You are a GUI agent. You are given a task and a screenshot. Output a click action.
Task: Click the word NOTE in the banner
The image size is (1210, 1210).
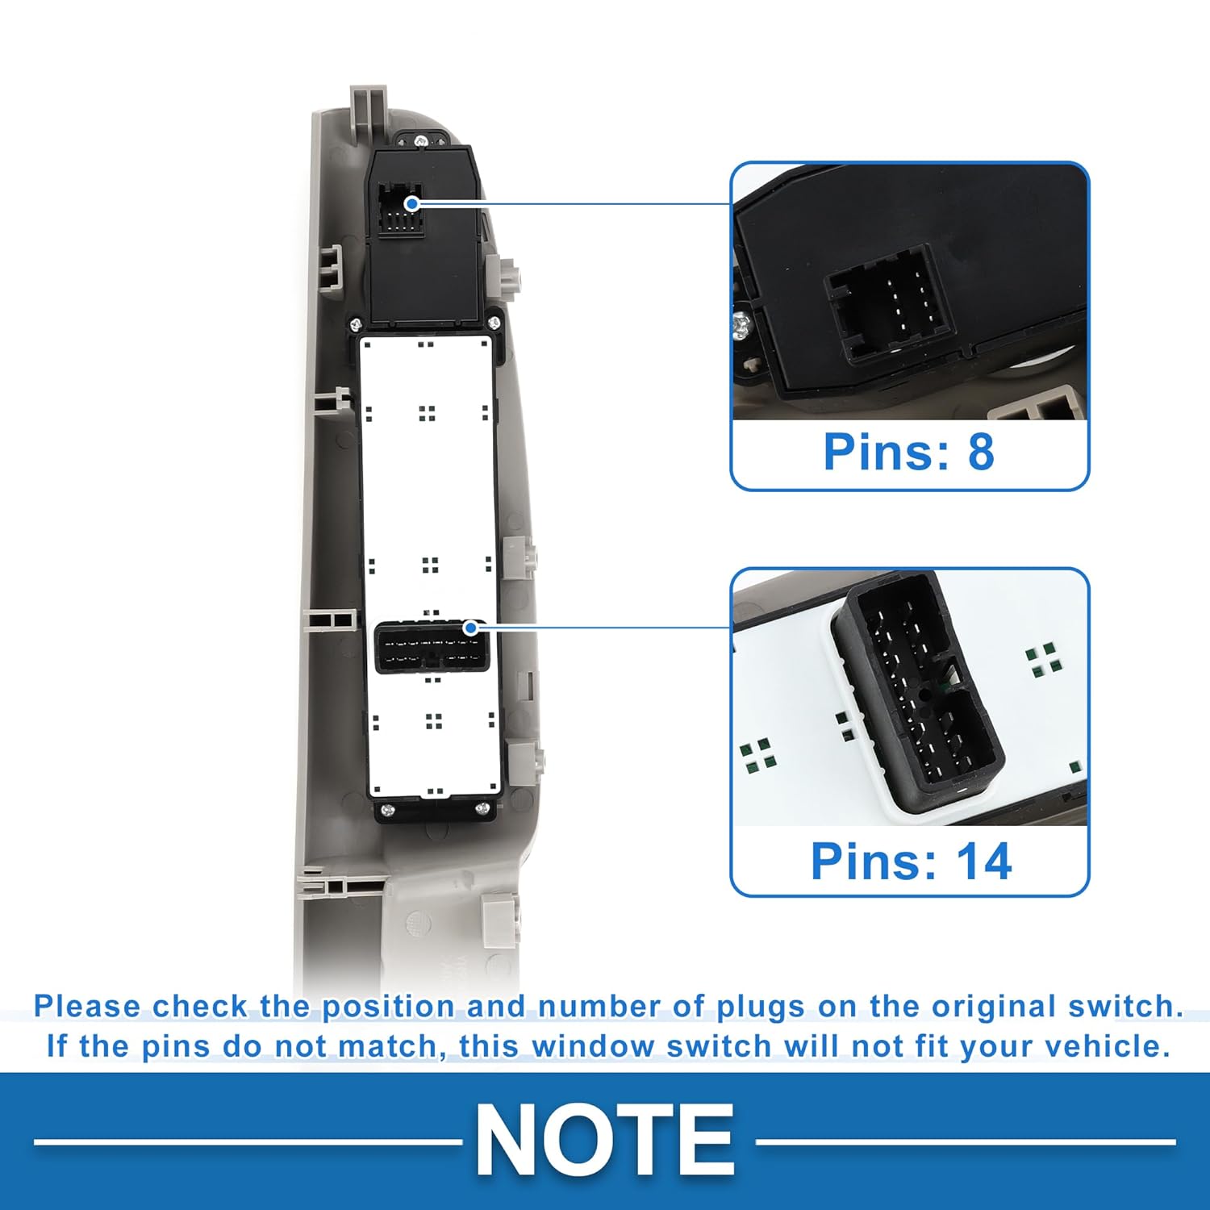605,1141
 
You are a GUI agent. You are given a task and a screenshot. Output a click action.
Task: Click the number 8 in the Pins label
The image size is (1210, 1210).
981,452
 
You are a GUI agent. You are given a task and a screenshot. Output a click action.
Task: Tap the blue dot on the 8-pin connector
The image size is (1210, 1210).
412,203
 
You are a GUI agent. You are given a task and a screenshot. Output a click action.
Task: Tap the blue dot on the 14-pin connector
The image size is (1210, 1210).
470,628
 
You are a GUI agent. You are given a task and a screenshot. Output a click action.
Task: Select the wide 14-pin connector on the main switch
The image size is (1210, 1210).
432,647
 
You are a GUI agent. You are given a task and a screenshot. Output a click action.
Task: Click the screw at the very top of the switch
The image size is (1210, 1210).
420,141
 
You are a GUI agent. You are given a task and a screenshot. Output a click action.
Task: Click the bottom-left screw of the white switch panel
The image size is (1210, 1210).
386,809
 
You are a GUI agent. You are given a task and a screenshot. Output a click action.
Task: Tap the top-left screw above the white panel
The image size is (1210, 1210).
355,325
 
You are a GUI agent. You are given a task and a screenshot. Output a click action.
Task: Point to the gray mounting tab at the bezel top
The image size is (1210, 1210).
369,109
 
